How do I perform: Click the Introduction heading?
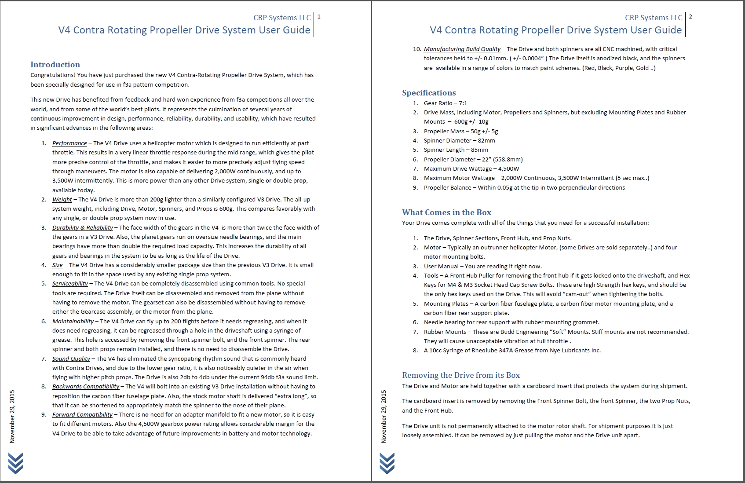55,65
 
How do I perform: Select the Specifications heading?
429,93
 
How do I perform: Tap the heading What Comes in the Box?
446,212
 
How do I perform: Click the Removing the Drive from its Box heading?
461,375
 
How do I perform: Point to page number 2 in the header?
690,17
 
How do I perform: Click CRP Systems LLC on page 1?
281,18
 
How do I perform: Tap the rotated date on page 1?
12,416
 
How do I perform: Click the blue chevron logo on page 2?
387,463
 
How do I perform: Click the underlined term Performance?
69,143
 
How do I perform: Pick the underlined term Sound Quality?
71,359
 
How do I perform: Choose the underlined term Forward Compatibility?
82,415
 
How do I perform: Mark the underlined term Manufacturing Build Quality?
462,49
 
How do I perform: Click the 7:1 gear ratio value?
463,103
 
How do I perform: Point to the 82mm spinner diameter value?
486,141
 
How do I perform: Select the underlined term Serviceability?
70,284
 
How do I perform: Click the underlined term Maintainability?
73,322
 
